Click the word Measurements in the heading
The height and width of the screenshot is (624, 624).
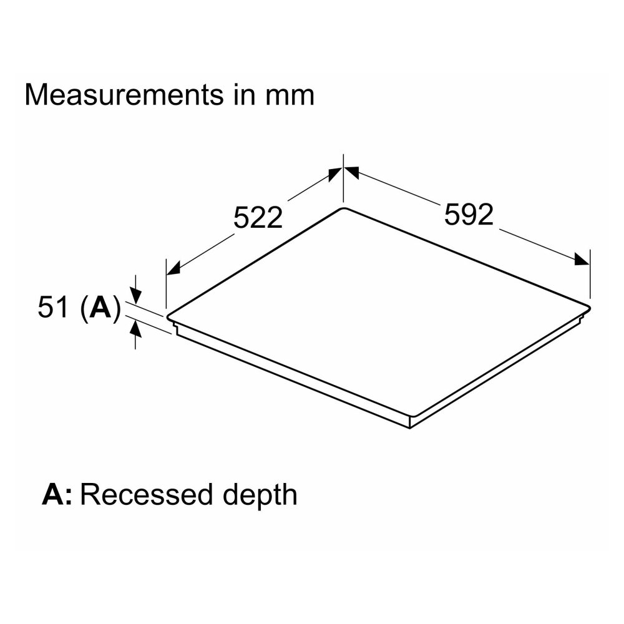click(124, 95)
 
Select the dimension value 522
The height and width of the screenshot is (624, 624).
click(258, 217)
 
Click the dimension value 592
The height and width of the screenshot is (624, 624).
click(469, 215)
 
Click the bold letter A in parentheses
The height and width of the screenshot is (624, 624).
click(100, 307)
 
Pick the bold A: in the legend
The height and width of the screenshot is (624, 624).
click(57, 494)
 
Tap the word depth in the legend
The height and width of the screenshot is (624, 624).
click(260, 497)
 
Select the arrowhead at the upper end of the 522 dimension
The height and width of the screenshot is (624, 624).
click(335, 174)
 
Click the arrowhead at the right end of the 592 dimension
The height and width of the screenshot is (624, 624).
click(582, 259)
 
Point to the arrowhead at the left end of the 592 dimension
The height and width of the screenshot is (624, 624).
click(351, 173)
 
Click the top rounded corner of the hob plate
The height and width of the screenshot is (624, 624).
click(343, 208)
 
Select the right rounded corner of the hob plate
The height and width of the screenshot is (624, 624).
click(588, 308)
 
